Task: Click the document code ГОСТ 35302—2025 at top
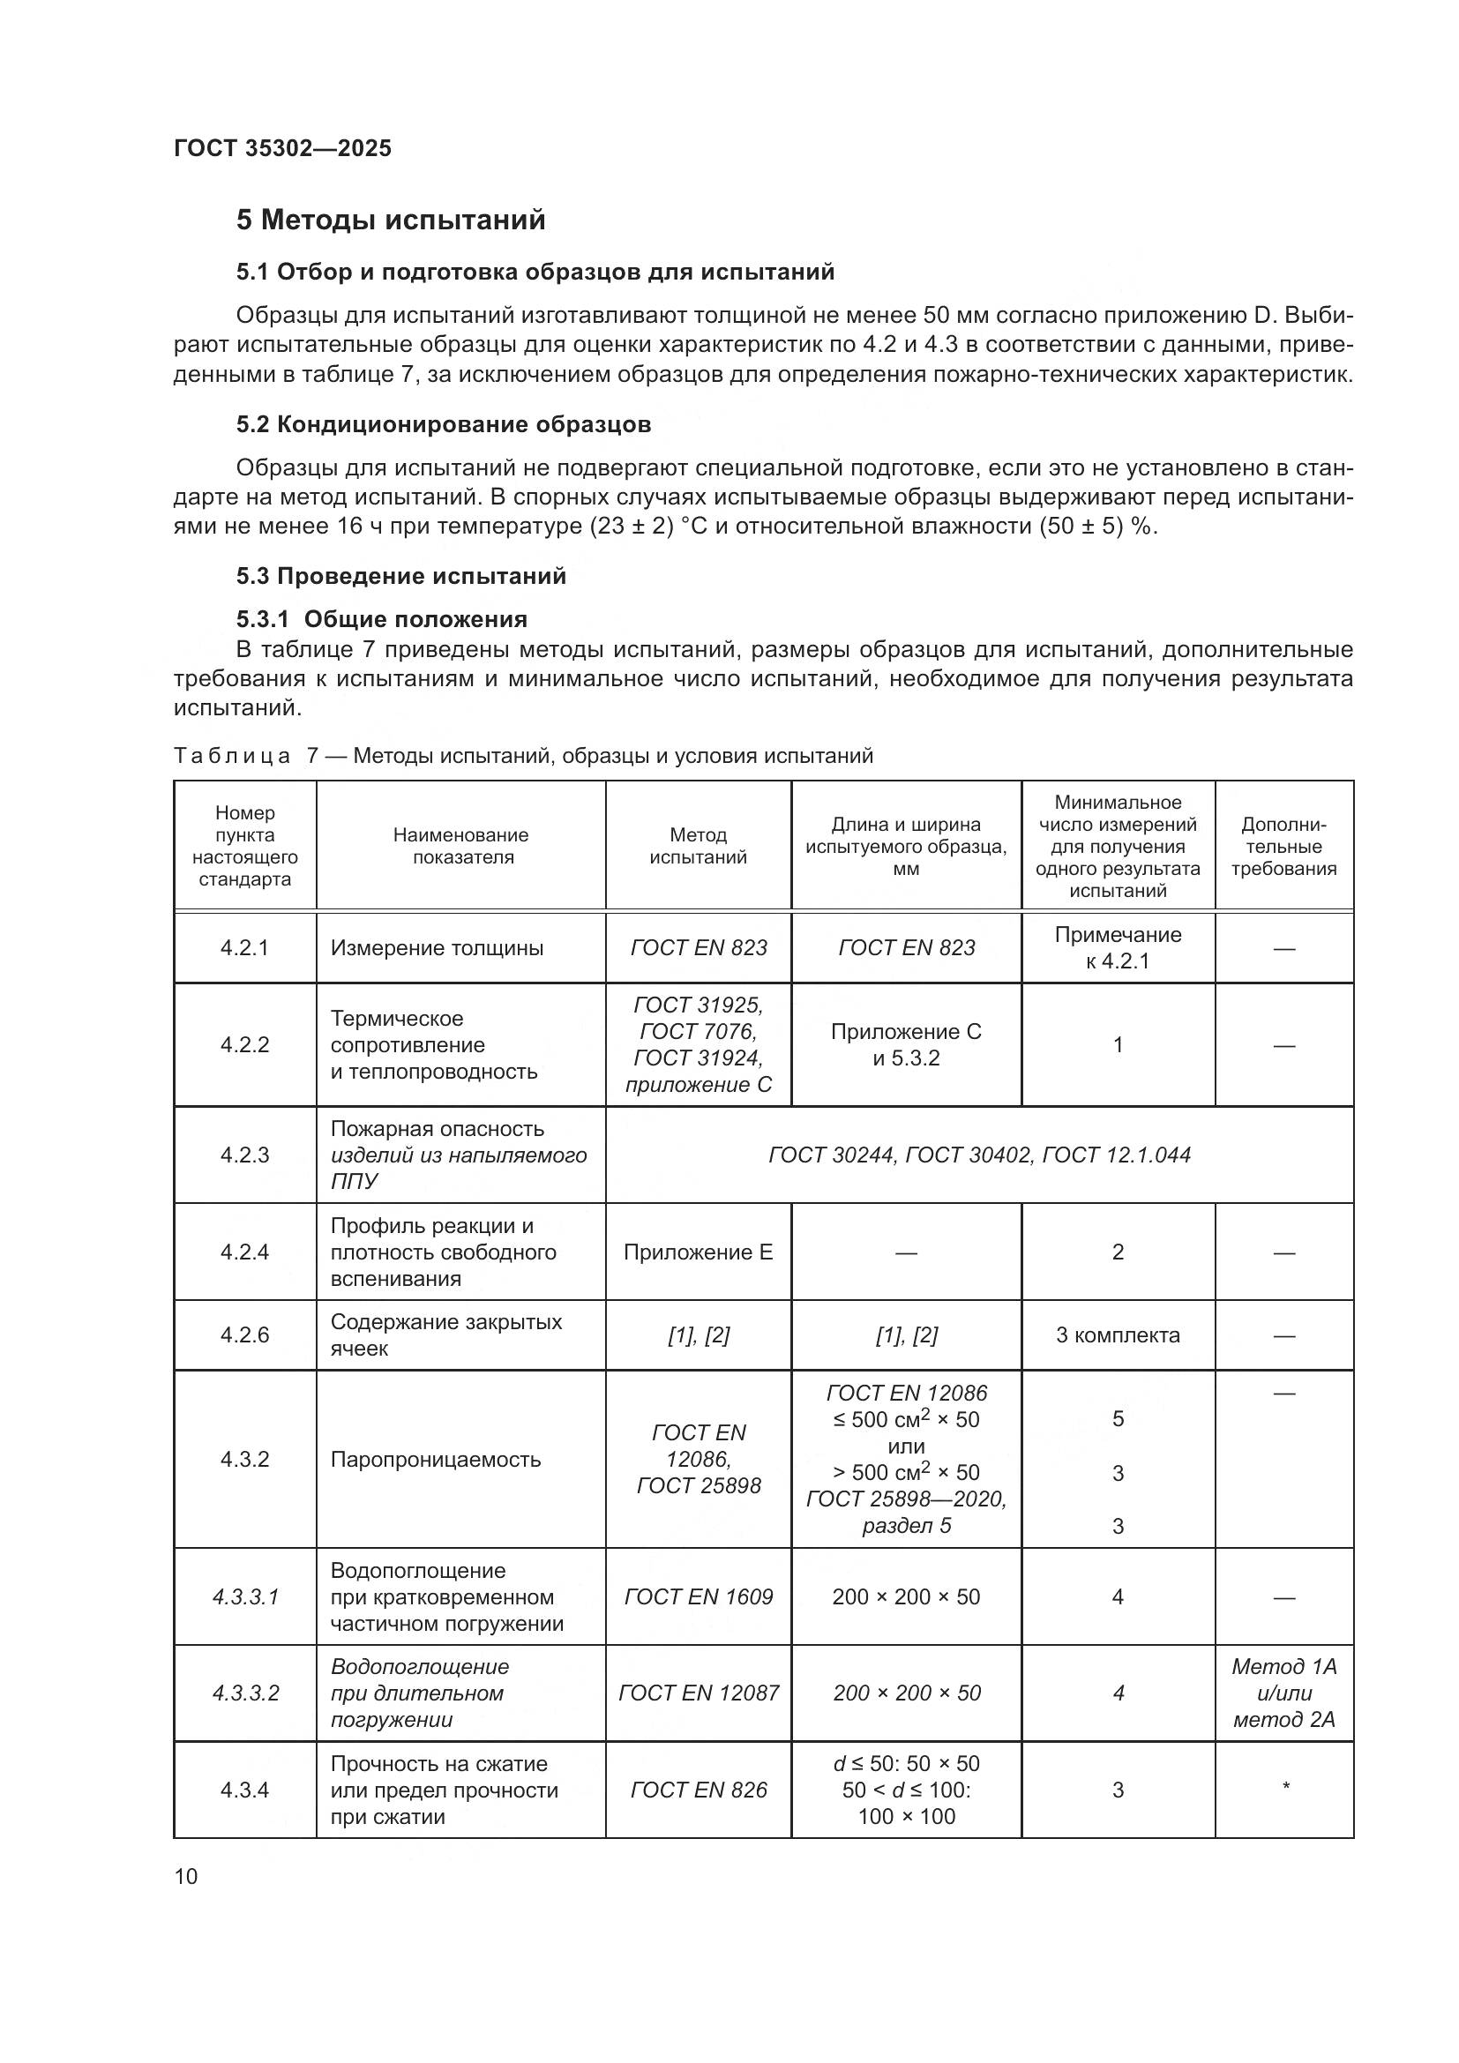(x=282, y=148)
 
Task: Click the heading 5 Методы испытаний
(x=391, y=221)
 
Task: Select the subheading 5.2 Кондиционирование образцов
(x=444, y=424)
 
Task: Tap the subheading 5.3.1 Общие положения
(x=382, y=619)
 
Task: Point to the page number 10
(x=186, y=1876)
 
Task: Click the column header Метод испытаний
(x=698, y=846)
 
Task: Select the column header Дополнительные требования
(x=1283, y=846)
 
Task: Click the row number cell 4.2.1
(x=244, y=948)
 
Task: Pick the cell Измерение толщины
(x=437, y=948)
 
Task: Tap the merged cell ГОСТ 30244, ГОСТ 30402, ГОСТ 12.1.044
(x=979, y=1155)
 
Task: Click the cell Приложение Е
(x=698, y=1252)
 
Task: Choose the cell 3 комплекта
(x=1118, y=1334)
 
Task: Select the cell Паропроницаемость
(x=436, y=1459)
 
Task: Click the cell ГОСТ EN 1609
(x=698, y=1596)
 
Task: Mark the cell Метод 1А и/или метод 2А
(x=1283, y=1693)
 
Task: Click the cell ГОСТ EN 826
(x=698, y=1790)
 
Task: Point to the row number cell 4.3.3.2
(x=245, y=1693)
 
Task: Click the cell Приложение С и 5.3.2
(x=906, y=1044)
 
